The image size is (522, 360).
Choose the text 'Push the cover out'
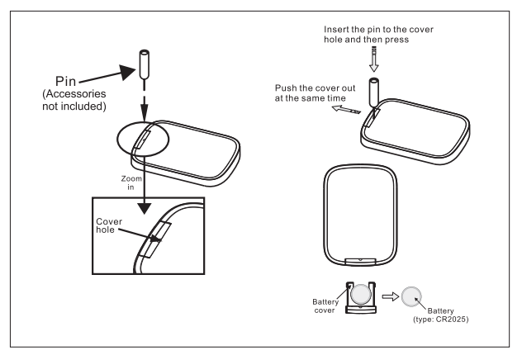coord(317,88)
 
